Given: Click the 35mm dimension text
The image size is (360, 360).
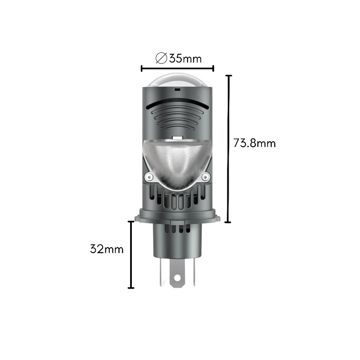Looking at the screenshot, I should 185,58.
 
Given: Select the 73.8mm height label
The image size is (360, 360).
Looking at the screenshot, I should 254,144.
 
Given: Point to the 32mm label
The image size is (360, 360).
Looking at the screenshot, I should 107,249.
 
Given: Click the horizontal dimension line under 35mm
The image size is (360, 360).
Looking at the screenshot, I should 177,68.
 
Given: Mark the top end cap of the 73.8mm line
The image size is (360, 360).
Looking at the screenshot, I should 229,76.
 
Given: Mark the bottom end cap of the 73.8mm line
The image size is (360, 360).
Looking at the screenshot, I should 229,222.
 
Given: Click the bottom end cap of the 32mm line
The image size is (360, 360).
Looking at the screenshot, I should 131,288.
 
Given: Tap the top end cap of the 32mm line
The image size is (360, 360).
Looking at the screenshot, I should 131,221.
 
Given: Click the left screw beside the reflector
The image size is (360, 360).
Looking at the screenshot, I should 148,176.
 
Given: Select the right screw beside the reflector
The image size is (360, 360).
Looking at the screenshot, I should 206,176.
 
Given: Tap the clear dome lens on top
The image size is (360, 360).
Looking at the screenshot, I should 177,80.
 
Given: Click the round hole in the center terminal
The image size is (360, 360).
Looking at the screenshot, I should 177,279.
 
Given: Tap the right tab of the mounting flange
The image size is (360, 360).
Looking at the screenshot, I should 216,217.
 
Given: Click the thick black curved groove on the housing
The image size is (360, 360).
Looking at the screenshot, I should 177,104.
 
